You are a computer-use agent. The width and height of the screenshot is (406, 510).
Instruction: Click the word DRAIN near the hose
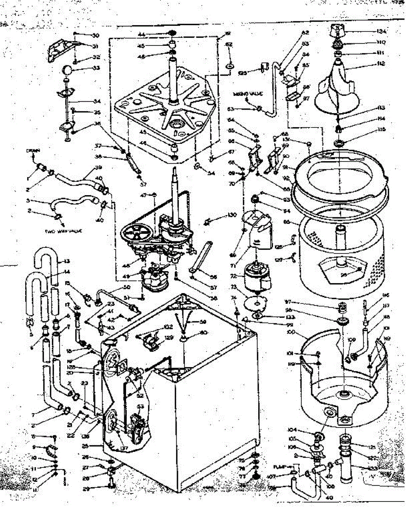33,150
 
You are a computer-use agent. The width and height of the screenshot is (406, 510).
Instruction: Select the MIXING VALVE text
248,93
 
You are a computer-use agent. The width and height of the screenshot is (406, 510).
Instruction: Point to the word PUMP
280,466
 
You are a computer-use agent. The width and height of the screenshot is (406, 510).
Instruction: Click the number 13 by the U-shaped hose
66,261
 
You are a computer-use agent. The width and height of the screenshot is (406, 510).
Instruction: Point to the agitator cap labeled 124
337,31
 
